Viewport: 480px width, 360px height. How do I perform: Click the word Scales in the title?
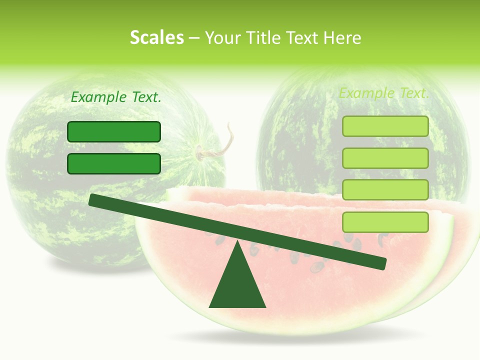pyautogui.click(x=156, y=38)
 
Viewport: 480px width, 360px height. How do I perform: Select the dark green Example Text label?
pyautogui.click(x=116, y=97)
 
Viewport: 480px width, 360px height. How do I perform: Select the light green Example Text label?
pyautogui.click(x=384, y=93)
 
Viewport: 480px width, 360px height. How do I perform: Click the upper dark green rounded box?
pyautogui.click(x=114, y=132)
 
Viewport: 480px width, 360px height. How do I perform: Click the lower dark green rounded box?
pyautogui.click(x=114, y=163)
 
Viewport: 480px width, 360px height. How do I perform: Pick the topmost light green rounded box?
pyautogui.click(x=385, y=126)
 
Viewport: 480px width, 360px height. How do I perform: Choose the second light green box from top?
pyautogui.click(x=385, y=158)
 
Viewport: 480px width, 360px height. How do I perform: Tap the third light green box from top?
pyautogui.click(x=385, y=190)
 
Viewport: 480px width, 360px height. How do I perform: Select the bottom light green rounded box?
pyautogui.click(x=385, y=222)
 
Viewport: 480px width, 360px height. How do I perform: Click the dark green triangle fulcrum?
pyautogui.click(x=237, y=285)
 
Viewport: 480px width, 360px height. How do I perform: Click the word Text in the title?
pyautogui.click(x=306, y=38)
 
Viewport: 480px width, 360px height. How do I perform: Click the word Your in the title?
pyautogui.click(x=222, y=38)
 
